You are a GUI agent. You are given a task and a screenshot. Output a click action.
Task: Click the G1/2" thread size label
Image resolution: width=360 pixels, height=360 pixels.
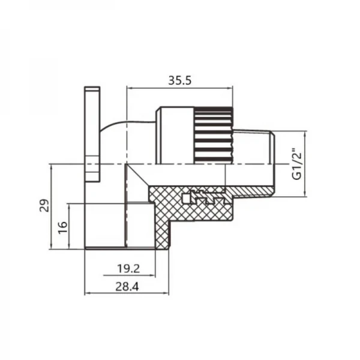pyautogui.click(x=296, y=164)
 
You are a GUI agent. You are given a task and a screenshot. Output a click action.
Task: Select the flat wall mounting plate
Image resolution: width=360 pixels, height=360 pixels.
pyautogui.click(x=92, y=134)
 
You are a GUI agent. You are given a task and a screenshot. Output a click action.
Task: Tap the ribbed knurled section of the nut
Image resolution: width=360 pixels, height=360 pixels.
pyautogui.click(x=213, y=135)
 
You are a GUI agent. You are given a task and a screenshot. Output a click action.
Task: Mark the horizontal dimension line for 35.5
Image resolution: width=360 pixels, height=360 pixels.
pyautogui.click(x=180, y=88)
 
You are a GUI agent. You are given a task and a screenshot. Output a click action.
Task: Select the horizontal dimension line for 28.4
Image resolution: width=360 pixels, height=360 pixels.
pyautogui.click(x=127, y=293)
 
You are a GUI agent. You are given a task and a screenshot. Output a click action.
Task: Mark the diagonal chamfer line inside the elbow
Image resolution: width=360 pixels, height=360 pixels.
pyautogui.click(x=139, y=179)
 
